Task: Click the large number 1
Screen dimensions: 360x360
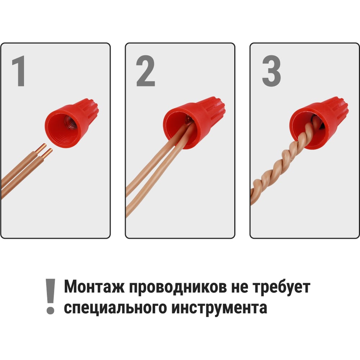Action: coord(19,71)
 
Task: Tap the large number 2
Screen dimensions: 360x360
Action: coord(145,71)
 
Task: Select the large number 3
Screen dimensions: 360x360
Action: coord(271,71)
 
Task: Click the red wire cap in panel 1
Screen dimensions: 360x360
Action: coord(72,123)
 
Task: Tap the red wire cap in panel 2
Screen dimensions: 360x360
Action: coord(194,122)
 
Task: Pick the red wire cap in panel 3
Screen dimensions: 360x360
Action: coord(319,122)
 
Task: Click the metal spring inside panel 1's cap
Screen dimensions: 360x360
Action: coord(71,122)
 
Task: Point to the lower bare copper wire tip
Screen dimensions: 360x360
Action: coord(47,153)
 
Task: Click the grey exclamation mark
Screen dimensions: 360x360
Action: coord(50,296)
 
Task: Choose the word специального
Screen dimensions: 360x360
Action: coord(115,308)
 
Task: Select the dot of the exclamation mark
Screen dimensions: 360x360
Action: coord(50,310)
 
